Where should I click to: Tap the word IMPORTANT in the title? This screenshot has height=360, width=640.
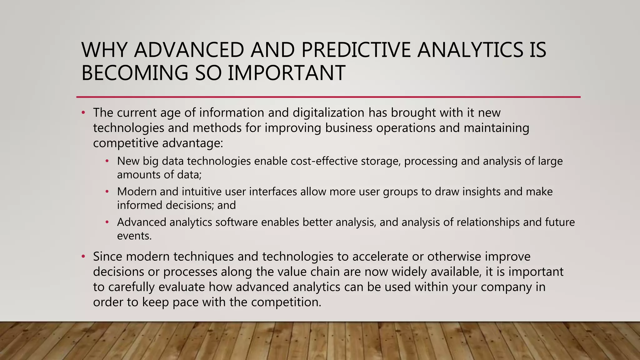286,73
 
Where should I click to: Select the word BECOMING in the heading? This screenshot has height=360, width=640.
135,73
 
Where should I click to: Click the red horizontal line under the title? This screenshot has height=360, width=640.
328,97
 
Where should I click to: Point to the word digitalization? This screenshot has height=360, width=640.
328,112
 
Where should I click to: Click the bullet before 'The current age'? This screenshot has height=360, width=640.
83,113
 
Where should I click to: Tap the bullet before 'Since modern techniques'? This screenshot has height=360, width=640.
83,257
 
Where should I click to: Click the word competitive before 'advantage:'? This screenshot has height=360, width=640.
126,143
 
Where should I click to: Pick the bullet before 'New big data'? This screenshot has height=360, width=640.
107,161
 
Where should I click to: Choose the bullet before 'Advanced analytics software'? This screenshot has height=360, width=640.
107,222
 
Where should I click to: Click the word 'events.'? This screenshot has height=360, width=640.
134,236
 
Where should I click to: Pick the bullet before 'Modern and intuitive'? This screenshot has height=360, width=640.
107,192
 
